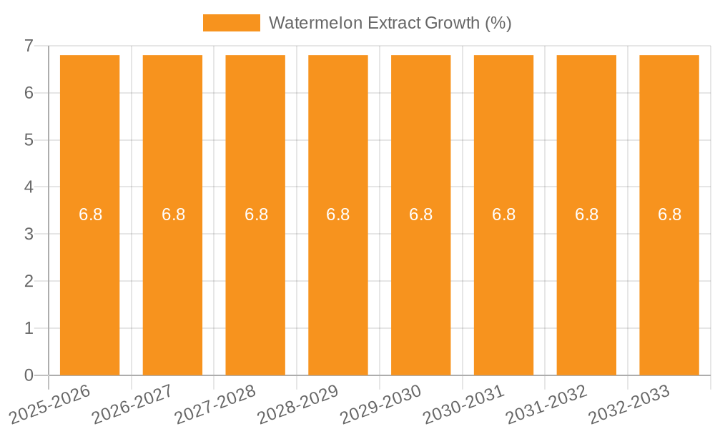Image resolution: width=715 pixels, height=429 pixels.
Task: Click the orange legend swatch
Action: (231, 23)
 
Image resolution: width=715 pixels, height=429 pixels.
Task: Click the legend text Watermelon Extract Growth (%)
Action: (390, 23)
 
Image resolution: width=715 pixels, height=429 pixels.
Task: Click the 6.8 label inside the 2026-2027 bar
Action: (173, 214)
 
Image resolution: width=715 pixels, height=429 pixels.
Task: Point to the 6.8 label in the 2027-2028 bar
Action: (256, 214)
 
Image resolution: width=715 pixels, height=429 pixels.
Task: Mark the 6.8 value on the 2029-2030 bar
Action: (420, 214)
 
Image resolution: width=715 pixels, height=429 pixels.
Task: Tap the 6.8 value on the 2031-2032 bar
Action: (586, 214)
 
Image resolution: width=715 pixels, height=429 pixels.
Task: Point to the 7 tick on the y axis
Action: (29, 46)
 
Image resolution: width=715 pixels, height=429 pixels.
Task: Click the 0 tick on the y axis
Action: (29, 375)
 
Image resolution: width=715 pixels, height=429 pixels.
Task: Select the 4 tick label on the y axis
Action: (29, 187)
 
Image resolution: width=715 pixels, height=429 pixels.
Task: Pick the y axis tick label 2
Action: (29, 282)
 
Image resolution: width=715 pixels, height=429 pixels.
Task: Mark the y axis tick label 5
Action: (29, 140)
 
